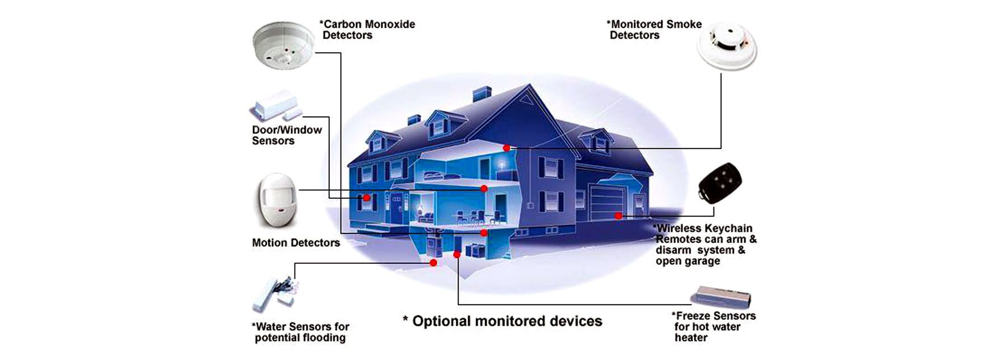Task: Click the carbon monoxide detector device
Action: [x=283, y=45]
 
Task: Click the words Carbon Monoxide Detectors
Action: [x=368, y=30]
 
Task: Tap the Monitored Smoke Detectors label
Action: [x=654, y=30]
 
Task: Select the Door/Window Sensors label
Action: [x=287, y=135]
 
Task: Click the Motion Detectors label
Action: [x=296, y=242]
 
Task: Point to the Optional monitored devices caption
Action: [x=502, y=321]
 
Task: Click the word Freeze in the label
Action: [x=696, y=316]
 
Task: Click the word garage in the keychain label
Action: [x=703, y=261]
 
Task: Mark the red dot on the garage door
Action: [x=618, y=216]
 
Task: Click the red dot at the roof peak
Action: [x=506, y=148]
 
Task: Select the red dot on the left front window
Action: [x=366, y=198]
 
